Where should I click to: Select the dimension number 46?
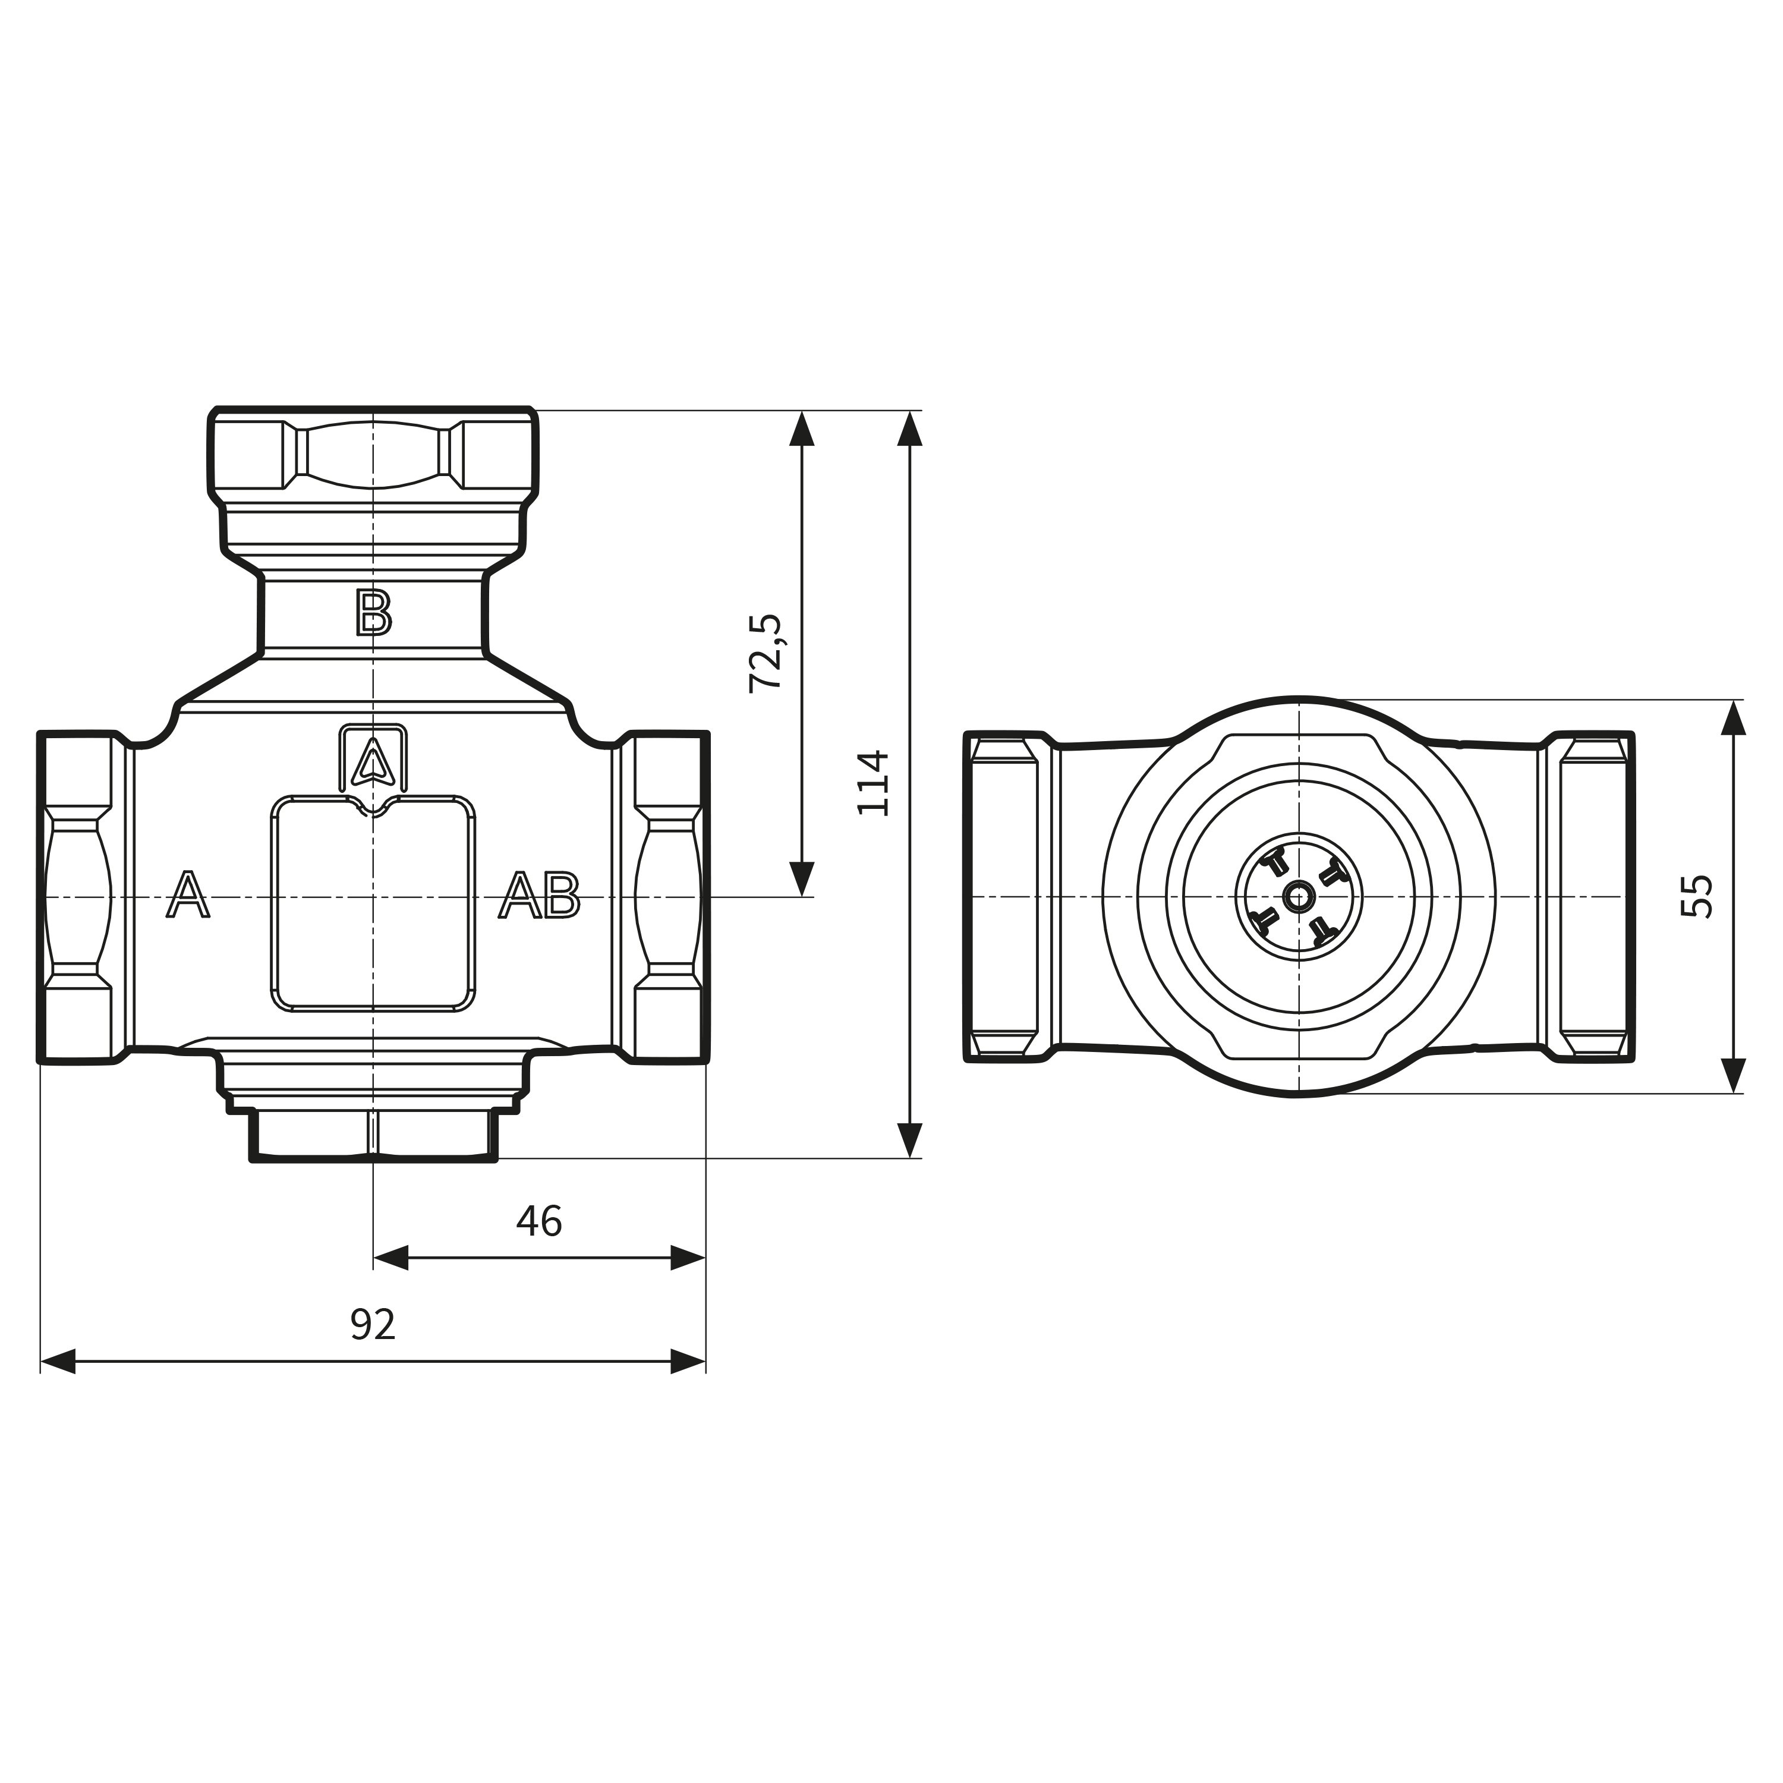tap(539, 1221)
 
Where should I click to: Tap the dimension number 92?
tap(373, 1324)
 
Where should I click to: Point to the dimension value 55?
tap(1696, 895)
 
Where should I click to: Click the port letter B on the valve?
tap(374, 613)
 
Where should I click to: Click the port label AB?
tap(540, 895)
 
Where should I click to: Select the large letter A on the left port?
tap(187, 895)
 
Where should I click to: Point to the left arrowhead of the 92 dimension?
tap(57, 1360)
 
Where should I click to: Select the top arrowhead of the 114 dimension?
tap(910, 429)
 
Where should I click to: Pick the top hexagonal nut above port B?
tap(373, 455)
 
